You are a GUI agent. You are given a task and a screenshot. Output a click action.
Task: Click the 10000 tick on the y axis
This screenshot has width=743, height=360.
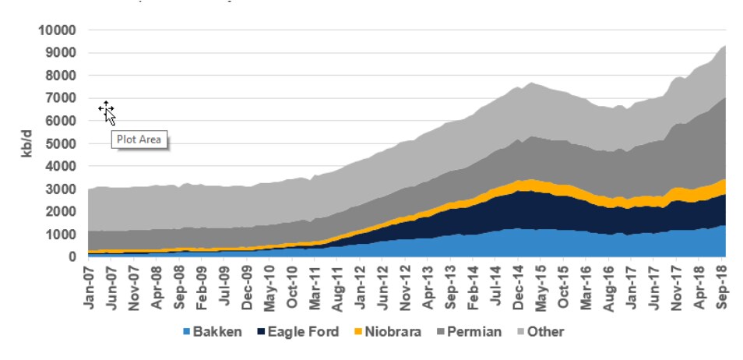[56, 30]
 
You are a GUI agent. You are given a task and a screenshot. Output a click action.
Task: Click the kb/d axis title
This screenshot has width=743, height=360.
[28, 144]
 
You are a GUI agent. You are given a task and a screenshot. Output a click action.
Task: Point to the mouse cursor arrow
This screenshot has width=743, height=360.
[109, 115]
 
